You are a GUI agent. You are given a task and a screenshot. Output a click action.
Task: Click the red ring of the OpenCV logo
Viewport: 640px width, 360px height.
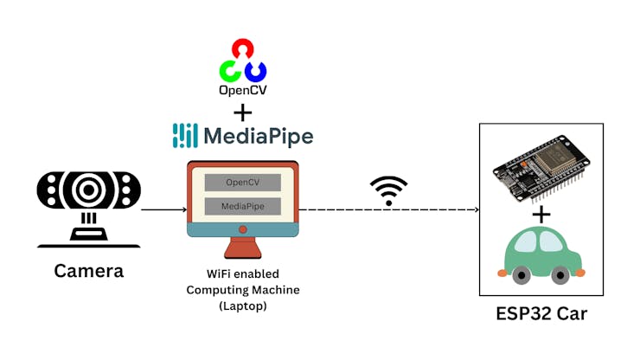tap(243, 48)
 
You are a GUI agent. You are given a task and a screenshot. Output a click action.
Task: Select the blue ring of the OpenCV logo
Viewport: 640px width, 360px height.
tap(255, 69)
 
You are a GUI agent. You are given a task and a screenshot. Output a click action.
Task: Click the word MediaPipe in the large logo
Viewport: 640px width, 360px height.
tap(258, 136)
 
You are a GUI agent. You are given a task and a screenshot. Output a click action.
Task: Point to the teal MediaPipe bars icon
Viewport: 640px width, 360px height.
tap(185, 136)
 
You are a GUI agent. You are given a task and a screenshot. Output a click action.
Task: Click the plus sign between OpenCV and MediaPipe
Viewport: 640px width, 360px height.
tap(243, 111)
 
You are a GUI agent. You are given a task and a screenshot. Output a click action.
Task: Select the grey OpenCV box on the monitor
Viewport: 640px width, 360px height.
tap(243, 183)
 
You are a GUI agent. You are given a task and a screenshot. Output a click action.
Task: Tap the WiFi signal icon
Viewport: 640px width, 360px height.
tap(388, 190)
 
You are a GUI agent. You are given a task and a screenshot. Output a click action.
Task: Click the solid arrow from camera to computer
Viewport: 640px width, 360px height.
tap(164, 209)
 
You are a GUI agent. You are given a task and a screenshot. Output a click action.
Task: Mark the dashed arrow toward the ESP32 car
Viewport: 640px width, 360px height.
tap(389, 209)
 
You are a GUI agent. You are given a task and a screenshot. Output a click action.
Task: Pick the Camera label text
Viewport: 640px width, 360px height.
tap(89, 271)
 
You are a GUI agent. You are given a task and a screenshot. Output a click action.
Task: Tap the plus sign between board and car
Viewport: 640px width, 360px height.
tap(541, 215)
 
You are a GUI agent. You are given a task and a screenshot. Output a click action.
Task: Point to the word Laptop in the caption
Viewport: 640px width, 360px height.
tap(243, 306)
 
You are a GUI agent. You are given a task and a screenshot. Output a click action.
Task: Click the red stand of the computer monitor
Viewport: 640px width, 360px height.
tap(243, 247)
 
